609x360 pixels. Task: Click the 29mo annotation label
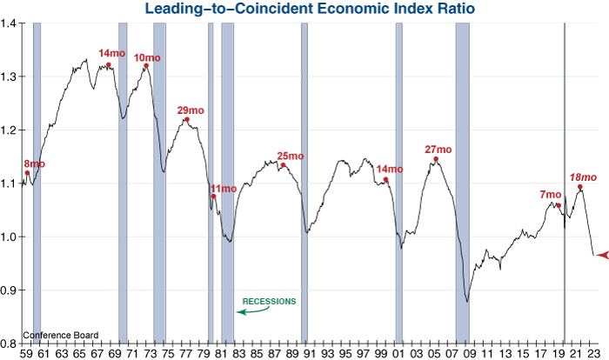point(191,110)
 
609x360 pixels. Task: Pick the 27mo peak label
point(438,150)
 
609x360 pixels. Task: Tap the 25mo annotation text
point(291,157)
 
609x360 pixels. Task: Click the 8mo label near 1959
point(35,163)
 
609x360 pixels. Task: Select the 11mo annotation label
point(223,189)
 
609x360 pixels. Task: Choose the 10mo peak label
point(148,57)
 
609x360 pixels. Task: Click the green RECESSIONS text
point(269,301)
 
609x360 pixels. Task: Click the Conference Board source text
point(61,335)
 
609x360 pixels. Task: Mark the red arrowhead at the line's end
point(599,254)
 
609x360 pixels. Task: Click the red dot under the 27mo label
point(436,159)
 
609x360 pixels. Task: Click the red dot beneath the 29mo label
point(186,120)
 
